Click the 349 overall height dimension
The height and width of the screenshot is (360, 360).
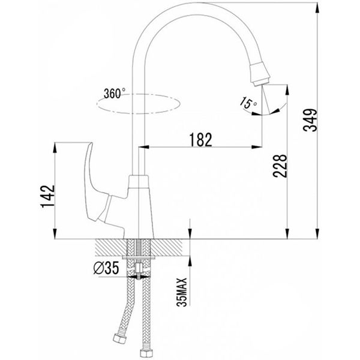click(310, 120)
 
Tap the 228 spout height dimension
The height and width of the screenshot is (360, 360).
click(280, 166)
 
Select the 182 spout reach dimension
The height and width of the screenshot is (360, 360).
click(200, 139)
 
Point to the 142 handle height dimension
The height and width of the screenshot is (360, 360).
click(48, 196)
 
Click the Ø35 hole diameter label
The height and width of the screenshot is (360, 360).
click(106, 268)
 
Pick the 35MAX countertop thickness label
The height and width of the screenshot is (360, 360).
click(182, 292)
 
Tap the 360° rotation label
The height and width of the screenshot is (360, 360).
click(115, 93)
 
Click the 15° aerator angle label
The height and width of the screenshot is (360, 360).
click(248, 103)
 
